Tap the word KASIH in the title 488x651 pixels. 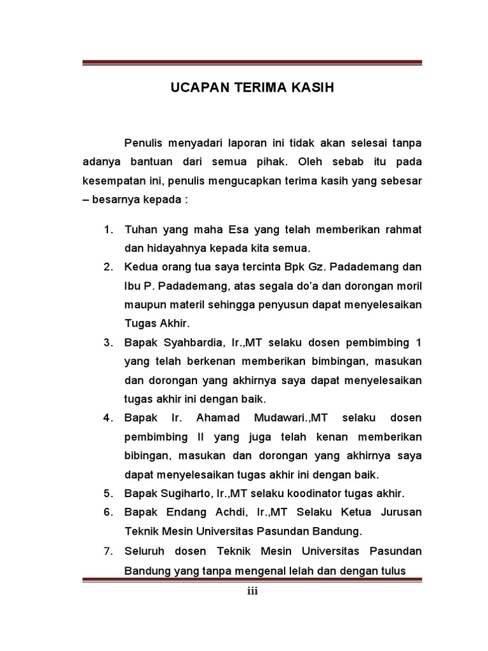click(313, 88)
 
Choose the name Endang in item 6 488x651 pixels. click(185, 512)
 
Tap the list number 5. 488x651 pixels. click(107, 493)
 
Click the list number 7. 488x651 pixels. click(107, 550)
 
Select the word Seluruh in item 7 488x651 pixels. click(146, 550)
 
